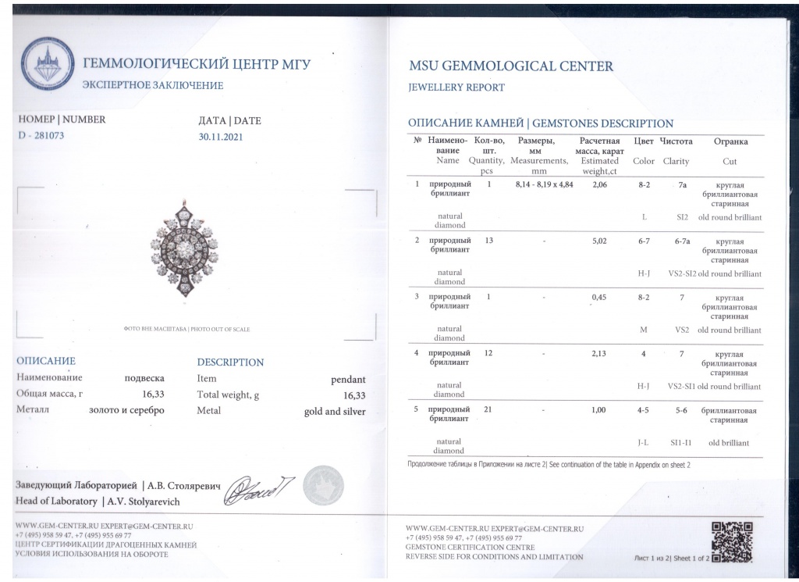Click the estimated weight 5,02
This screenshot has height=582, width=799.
point(599,241)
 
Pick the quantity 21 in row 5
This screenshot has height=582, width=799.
point(489,410)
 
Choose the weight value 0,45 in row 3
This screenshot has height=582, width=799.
point(599,297)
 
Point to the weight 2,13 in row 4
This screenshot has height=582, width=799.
point(599,353)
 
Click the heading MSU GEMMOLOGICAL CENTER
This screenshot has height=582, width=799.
point(510,66)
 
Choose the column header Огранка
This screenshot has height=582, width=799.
point(730,141)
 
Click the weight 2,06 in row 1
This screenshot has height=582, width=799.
point(599,184)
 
